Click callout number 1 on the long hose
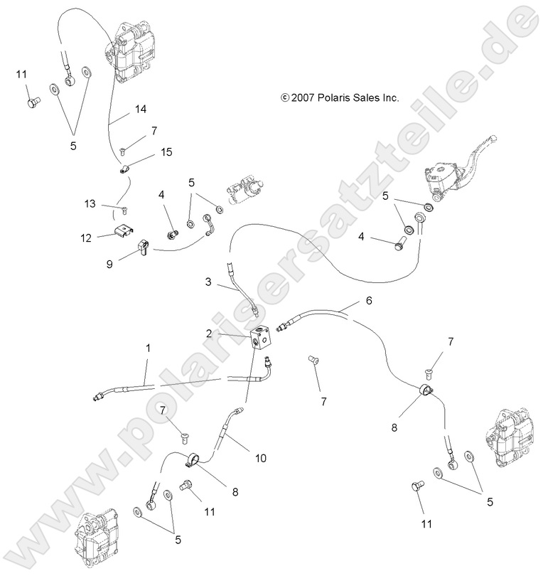(148, 350)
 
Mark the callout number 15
(166, 152)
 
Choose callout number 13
(90, 204)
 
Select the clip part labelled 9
(142, 247)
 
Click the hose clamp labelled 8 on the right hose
(427, 390)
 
